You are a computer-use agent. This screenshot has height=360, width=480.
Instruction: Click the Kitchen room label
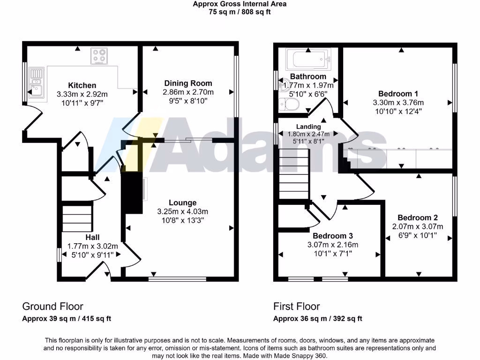(82, 85)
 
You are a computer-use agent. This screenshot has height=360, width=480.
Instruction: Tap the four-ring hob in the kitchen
(99, 56)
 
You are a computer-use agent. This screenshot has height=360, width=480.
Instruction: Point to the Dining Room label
(188, 83)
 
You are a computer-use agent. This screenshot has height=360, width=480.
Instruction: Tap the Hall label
(92, 238)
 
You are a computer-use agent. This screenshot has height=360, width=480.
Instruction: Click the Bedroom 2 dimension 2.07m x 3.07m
(418, 226)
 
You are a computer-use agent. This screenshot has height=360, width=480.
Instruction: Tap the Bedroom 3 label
(333, 236)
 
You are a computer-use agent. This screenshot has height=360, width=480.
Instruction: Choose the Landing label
(308, 127)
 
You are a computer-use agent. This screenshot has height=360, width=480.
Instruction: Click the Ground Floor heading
(52, 307)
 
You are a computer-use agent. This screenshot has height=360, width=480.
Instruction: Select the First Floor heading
(297, 307)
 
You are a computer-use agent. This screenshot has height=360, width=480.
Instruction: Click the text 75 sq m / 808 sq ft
(240, 12)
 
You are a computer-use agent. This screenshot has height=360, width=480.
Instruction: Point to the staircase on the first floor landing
(294, 173)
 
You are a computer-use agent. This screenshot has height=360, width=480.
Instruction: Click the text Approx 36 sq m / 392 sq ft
(318, 319)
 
